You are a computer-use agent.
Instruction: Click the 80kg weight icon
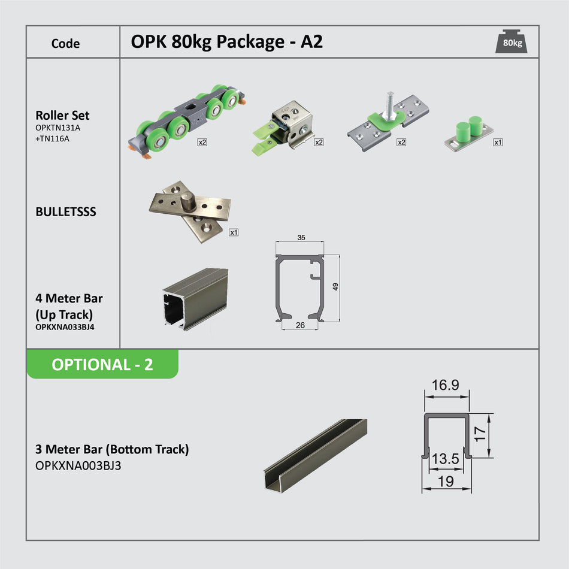point(512,42)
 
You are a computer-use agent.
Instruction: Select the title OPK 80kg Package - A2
point(226,42)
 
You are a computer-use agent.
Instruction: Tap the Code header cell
point(65,43)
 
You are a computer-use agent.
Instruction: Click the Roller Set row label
point(63,116)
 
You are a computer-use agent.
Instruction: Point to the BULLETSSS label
point(66,212)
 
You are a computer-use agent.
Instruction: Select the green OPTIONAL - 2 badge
point(102,364)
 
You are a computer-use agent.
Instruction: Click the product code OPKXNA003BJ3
point(78,465)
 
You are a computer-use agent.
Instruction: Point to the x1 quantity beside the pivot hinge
point(234,232)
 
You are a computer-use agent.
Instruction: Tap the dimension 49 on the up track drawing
point(335,287)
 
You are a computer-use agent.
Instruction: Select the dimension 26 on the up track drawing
point(300,325)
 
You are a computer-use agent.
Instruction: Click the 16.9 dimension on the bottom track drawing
point(446,386)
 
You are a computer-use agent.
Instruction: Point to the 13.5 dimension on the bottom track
point(445,459)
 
